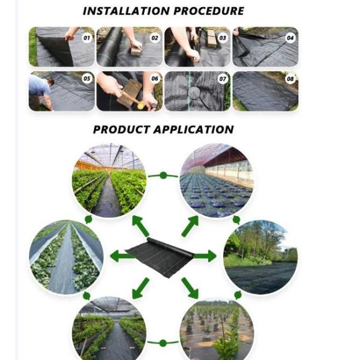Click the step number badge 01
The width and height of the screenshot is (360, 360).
(86, 37)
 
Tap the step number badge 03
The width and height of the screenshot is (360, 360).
(223, 37)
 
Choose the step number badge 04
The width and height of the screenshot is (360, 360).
(290, 37)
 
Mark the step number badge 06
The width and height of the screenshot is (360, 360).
(155, 79)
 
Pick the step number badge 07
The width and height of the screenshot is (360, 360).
(223, 79)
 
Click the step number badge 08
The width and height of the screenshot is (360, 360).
(290, 79)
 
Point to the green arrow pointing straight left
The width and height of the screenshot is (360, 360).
(122, 256)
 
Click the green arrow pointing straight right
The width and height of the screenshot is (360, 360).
(204, 256)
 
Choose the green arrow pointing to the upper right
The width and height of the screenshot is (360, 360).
(190, 226)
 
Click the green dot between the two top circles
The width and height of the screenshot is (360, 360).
(163, 175)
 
